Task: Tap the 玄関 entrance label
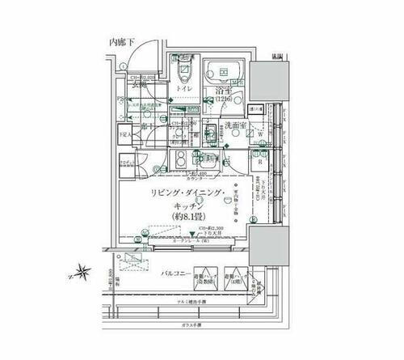128,83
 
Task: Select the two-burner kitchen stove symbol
183,159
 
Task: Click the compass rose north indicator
83,273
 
